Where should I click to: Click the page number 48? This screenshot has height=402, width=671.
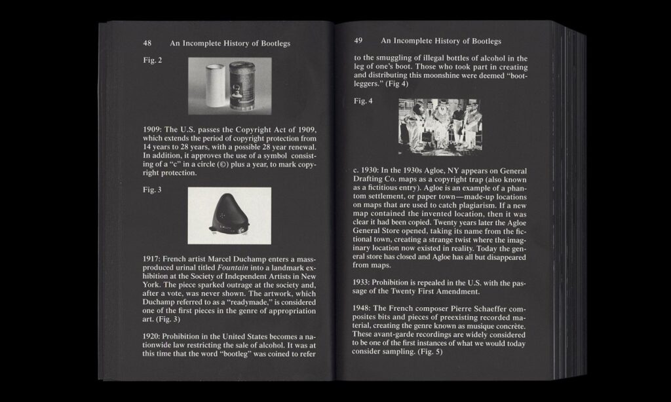click(x=147, y=43)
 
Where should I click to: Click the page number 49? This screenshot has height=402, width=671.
click(x=358, y=41)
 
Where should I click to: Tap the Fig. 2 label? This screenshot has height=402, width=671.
click(x=153, y=60)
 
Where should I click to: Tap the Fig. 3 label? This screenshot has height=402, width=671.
click(x=153, y=190)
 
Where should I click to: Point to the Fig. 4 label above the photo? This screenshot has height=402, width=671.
click(x=363, y=101)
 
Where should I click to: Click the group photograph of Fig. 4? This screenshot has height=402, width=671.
click(x=439, y=126)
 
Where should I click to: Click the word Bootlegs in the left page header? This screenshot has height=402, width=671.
click(x=273, y=43)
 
